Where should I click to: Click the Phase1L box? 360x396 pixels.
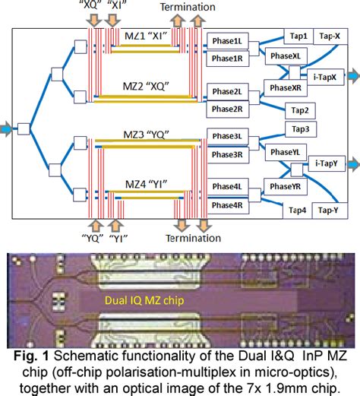[227, 40]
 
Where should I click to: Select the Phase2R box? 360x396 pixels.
[227, 109]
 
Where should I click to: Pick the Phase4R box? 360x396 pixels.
[227, 205]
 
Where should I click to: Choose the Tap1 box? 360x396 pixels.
[298, 36]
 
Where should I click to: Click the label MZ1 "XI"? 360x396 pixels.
[147, 36]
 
